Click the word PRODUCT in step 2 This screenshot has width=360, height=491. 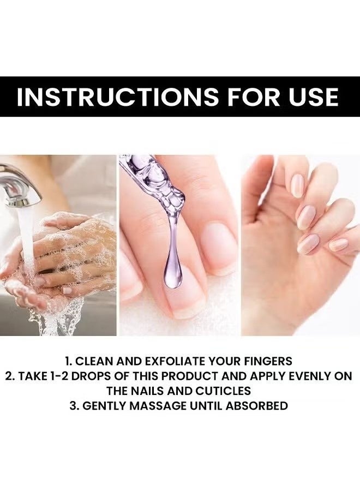(x=191, y=376)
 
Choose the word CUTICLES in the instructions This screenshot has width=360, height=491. (x=224, y=391)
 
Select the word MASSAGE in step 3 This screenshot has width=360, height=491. (x=158, y=406)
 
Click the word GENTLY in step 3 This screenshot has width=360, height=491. (x=104, y=406)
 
